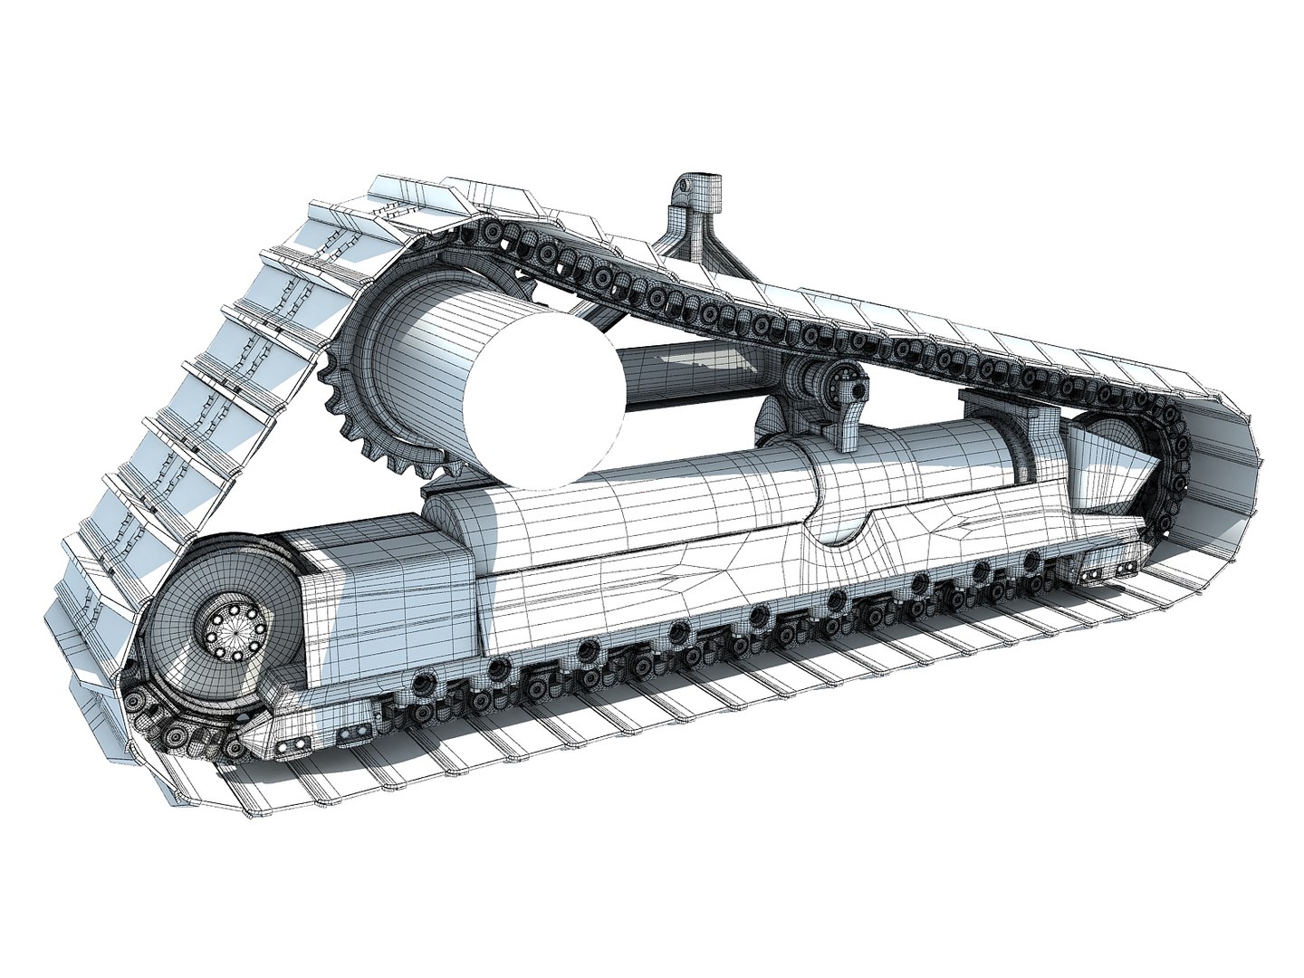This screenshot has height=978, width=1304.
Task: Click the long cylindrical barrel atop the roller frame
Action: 634,489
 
